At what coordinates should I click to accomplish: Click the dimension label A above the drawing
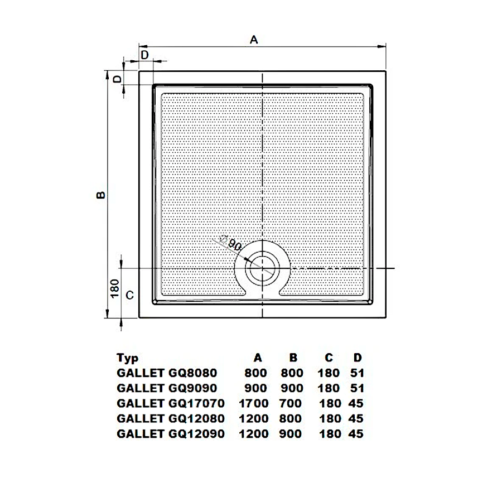[x=254, y=40]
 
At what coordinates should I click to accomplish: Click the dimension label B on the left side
[x=101, y=195]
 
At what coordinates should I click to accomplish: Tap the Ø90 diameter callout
[x=230, y=243]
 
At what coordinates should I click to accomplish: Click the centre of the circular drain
[x=263, y=268]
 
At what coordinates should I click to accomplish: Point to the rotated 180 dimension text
[x=114, y=288]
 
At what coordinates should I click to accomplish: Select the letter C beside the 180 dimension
[x=129, y=295]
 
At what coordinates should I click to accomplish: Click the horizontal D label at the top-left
[x=144, y=55]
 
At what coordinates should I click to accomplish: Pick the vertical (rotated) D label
[x=118, y=79]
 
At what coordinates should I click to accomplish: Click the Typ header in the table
[x=127, y=358]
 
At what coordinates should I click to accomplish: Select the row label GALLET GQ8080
[x=167, y=373]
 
